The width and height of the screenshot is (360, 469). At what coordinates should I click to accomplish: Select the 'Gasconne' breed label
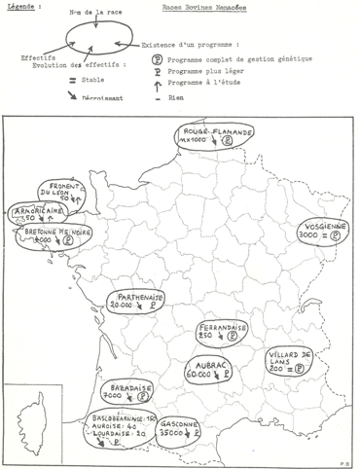(200, 424)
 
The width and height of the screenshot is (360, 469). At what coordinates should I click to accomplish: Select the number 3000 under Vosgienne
(313, 234)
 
